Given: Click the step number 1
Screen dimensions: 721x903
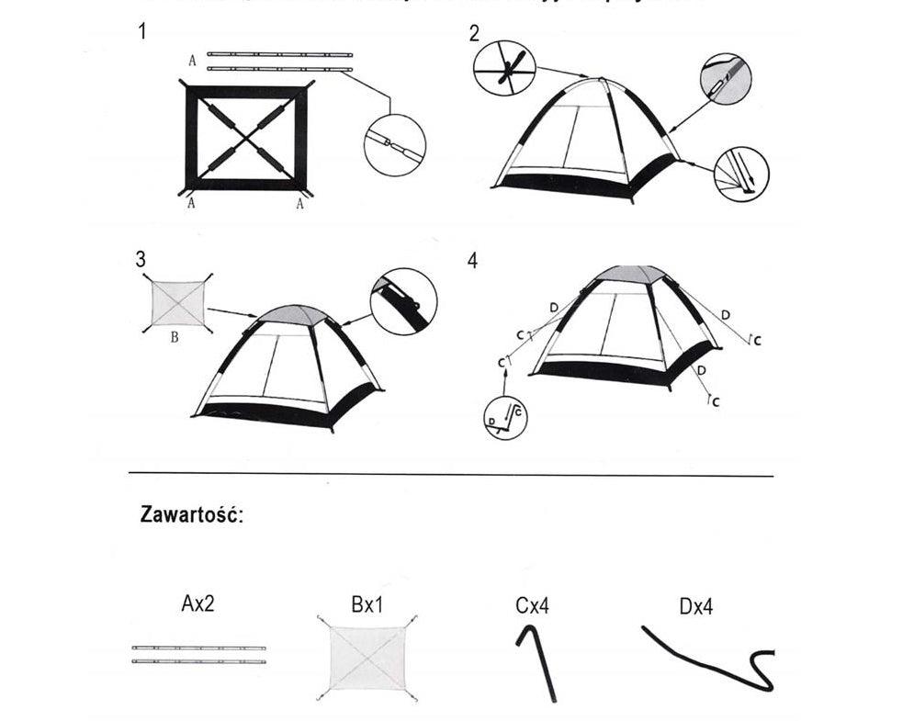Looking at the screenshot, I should tap(142, 31).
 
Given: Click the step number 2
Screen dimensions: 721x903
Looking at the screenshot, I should tap(474, 34).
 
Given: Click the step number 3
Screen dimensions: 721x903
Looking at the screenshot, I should tap(141, 260).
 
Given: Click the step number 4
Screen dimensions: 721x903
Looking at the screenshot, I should tap(472, 261).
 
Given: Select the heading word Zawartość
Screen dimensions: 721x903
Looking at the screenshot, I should tap(191, 513).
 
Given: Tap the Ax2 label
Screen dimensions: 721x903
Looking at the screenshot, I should tap(198, 603).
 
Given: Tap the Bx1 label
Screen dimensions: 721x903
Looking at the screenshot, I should tap(368, 605).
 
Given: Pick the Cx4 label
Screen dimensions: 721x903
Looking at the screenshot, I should tap(533, 605).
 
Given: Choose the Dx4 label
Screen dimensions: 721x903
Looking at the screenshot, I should tap(695, 606).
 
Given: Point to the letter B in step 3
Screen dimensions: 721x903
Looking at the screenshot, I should tap(175, 336).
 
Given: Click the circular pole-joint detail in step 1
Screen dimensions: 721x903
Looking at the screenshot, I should tap(395, 144).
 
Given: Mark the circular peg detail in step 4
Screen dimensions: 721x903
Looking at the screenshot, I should tap(505, 417).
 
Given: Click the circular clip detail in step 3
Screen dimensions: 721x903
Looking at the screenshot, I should tap(403, 300).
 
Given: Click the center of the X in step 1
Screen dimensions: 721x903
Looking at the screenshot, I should tap(246, 139).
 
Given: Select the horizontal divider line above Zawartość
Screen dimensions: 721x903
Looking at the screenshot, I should tap(450, 476).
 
